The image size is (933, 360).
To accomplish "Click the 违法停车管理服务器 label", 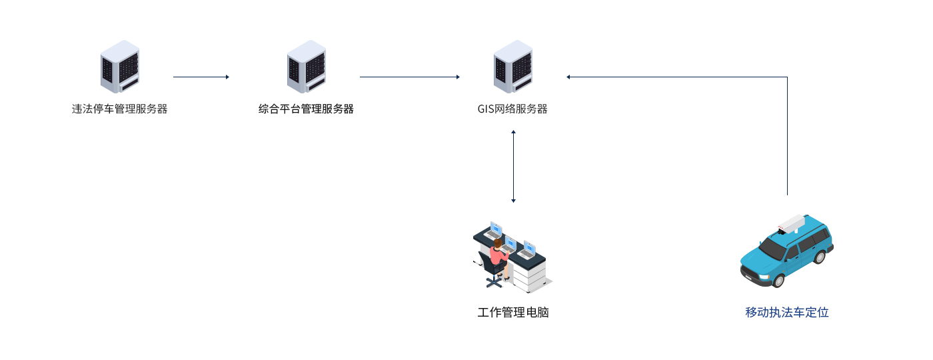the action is click(x=119, y=109).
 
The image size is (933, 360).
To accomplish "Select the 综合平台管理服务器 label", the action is click(x=306, y=109).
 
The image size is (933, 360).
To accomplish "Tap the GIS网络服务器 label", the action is click(x=512, y=109).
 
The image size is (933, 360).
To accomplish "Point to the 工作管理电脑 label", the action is click(x=512, y=312).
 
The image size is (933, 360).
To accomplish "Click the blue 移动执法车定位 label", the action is click(x=787, y=312).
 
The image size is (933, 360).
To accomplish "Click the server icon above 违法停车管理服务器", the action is click(x=120, y=67).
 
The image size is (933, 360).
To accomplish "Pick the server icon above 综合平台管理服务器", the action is click(x=307, y=67).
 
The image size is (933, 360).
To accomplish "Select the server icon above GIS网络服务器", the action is click(x=513, y=67).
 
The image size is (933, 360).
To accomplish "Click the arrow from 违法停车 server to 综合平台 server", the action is click(x=201, y=77).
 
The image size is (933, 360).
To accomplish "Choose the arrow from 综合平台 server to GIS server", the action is click(x=410, y=77).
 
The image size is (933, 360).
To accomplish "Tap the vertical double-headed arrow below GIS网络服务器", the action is click(x=513, y=166).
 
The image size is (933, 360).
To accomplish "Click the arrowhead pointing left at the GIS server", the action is click(x=568, y=77).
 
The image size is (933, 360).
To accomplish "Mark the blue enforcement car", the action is click(x=787, y=251).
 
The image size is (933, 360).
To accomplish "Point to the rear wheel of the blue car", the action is click(x=819, y=257).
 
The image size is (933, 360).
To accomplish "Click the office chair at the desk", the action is click(x=492, y=270).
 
